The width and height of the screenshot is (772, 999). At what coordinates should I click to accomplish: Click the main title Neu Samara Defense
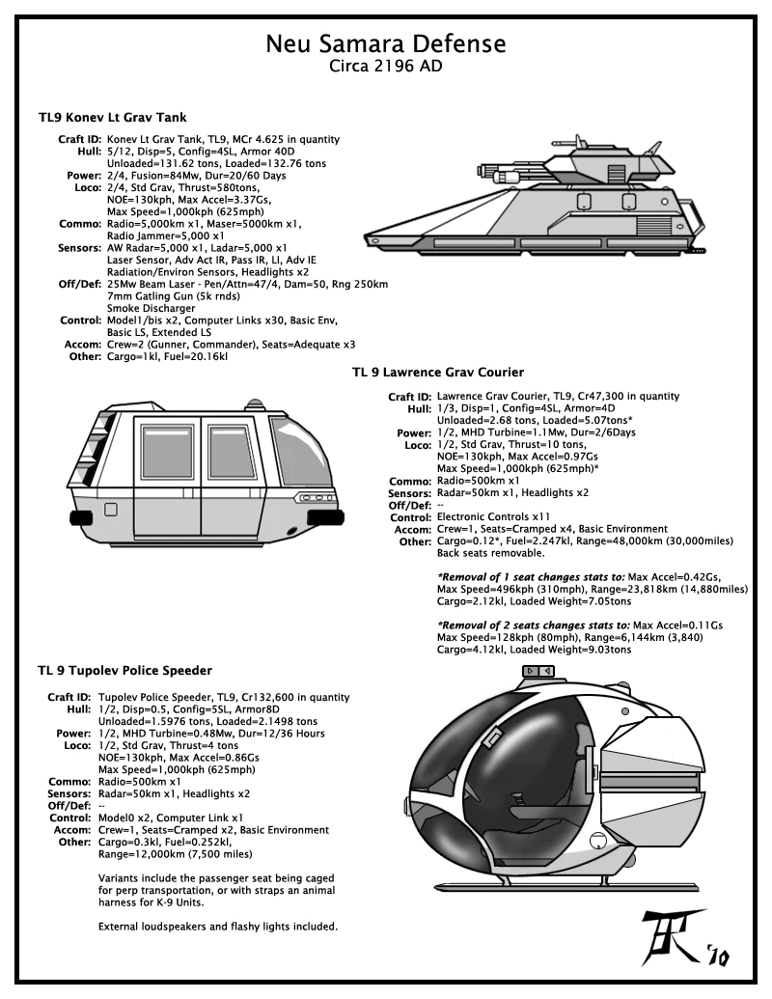tap(385, 44)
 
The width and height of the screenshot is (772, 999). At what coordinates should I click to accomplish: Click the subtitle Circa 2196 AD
tap(385, 69)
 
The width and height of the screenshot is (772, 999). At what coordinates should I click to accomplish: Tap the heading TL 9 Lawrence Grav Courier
tap(437, 372)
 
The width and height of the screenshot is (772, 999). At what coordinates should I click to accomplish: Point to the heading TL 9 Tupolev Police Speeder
tap(125, 670)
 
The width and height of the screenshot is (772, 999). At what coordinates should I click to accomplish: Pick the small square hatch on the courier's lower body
tap(111, 509)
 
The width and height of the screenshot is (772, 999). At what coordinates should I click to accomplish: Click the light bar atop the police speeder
tap(537, 670)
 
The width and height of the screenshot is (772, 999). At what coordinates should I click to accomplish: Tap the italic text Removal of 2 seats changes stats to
tap(534, 625)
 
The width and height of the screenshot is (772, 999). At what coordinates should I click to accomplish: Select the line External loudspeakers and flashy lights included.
tap(218, 928)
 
